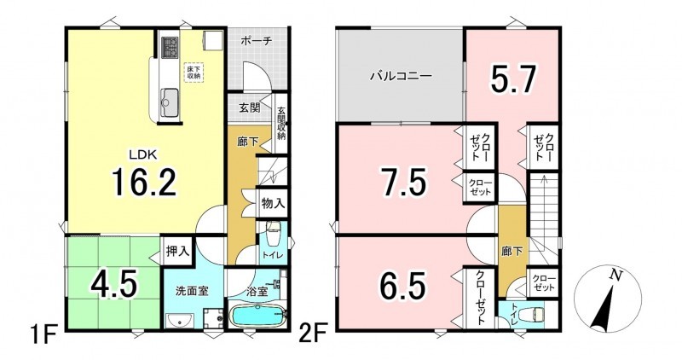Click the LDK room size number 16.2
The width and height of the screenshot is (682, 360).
coord(144,181)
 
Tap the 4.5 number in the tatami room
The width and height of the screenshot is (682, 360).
coord(114,282)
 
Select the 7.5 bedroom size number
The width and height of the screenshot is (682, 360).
coord(402,181)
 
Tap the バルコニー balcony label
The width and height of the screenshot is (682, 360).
coord(401,77)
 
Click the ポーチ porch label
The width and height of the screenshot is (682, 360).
coord(257,40)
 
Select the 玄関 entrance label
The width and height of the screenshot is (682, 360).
coord(250,107)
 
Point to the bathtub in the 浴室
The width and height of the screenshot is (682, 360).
coord(257,316)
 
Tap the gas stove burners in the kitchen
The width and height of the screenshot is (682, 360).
coord(170,47)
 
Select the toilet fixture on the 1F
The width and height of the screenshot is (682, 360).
coord(274,235)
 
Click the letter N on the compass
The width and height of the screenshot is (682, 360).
coord(614,275)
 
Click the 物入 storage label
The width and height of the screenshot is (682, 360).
coord(273,202)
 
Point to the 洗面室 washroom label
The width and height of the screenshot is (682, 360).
coord(192,291)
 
